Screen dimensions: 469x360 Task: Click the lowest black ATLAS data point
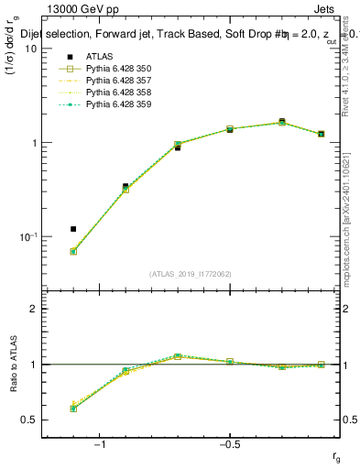pyautogui.click(x=73, y=229)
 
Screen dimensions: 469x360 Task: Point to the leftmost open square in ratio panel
pyautogui.click(x=73, y=408)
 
